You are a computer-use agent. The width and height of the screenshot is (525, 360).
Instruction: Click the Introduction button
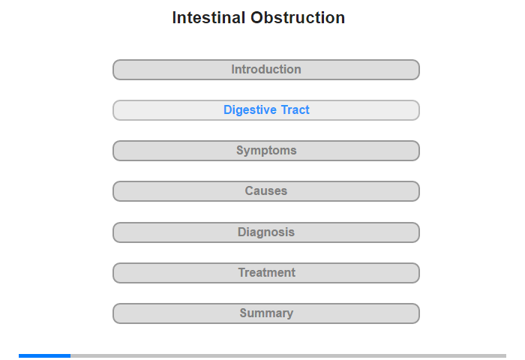pos(266,70)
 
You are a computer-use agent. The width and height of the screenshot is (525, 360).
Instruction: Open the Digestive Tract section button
pos(266,110)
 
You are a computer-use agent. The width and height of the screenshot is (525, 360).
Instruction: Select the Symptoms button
pos(266,151)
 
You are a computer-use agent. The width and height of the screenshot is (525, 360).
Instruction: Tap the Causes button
pos(266,191)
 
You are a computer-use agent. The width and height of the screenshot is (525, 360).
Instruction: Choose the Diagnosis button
pos(266,232)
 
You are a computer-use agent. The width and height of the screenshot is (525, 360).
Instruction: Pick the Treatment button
pos(266,273)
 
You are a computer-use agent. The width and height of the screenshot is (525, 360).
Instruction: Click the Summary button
pos(266,313)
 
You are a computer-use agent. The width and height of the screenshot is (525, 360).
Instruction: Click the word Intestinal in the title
pos(209,18)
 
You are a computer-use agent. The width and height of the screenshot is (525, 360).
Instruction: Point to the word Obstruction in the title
pos(298,18)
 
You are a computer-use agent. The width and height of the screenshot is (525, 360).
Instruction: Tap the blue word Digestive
pos(250,109)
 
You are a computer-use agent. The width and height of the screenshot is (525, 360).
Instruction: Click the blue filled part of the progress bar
pos(44,355)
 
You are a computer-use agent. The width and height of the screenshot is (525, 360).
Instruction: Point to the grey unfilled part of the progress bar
pos(288,355)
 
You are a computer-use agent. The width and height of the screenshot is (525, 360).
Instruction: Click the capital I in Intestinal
pos(174,18)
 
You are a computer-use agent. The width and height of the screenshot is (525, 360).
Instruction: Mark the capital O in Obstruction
pos(257,18)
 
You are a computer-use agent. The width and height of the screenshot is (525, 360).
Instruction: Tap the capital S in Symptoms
pos(240,150)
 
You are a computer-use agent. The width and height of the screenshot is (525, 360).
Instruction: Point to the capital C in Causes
pos(250,191)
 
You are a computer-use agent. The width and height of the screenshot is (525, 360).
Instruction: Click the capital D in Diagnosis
pos(241,232)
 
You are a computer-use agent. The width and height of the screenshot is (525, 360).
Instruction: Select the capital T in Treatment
pos(242,272)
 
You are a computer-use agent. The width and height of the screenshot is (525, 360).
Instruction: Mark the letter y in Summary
pos(289,314)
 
